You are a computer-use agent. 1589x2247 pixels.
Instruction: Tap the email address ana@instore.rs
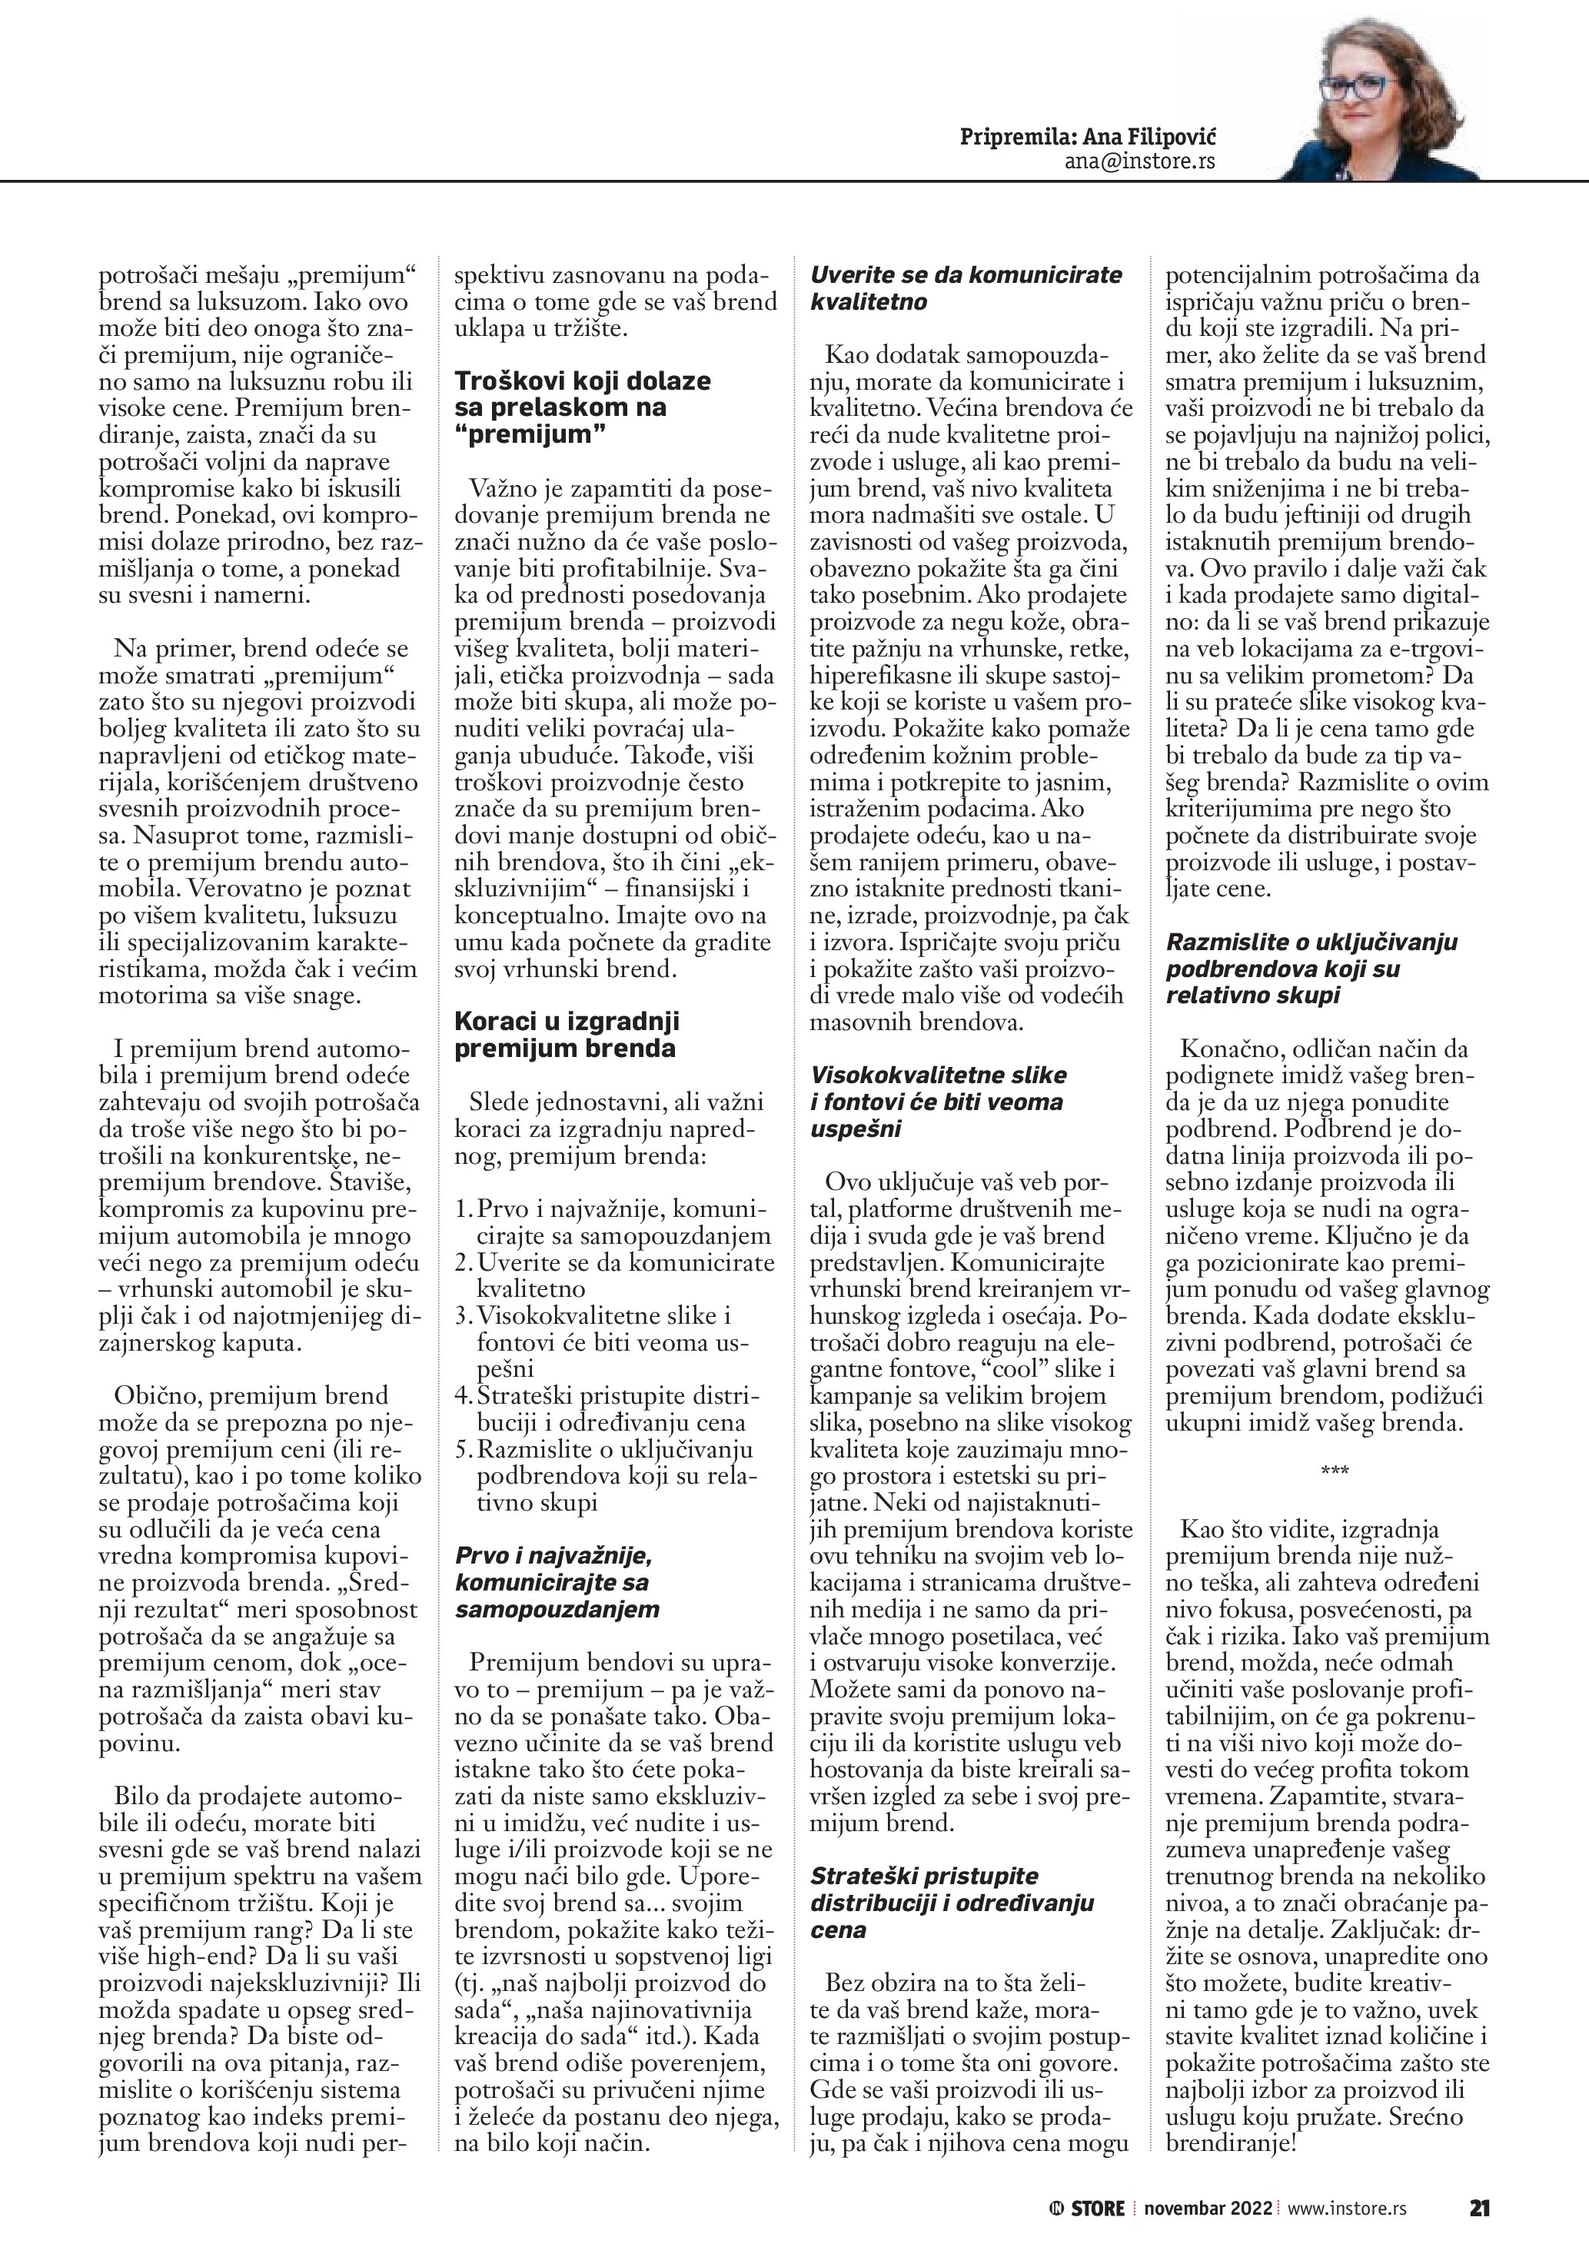(1140, 161)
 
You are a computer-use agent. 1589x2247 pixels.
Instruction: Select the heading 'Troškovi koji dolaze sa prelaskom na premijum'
(582, 407)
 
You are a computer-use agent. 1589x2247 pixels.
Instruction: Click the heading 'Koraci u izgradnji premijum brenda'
(567, 1035)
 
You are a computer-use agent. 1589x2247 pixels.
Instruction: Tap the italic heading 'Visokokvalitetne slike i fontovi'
(937, 1101)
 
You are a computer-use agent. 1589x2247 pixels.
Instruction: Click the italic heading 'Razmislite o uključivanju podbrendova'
(1311, 969)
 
